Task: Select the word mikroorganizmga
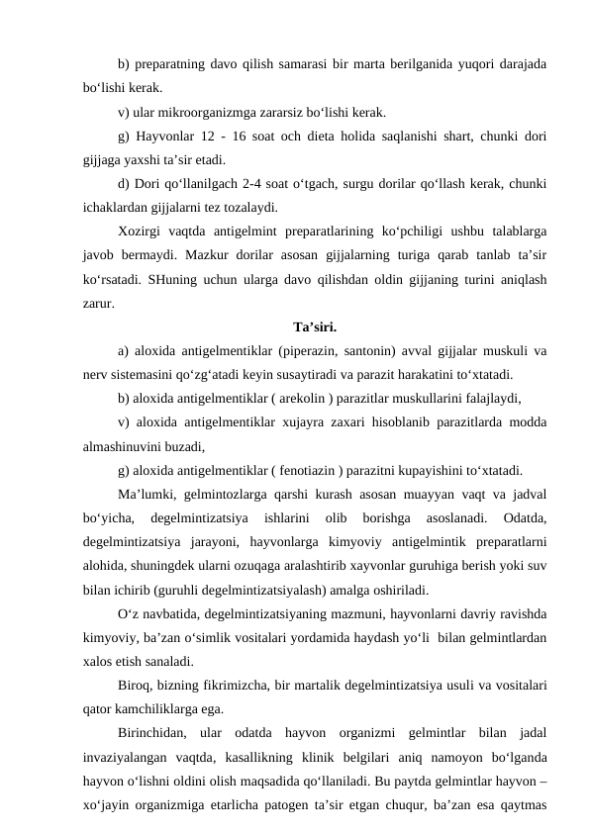coord(216,112)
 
